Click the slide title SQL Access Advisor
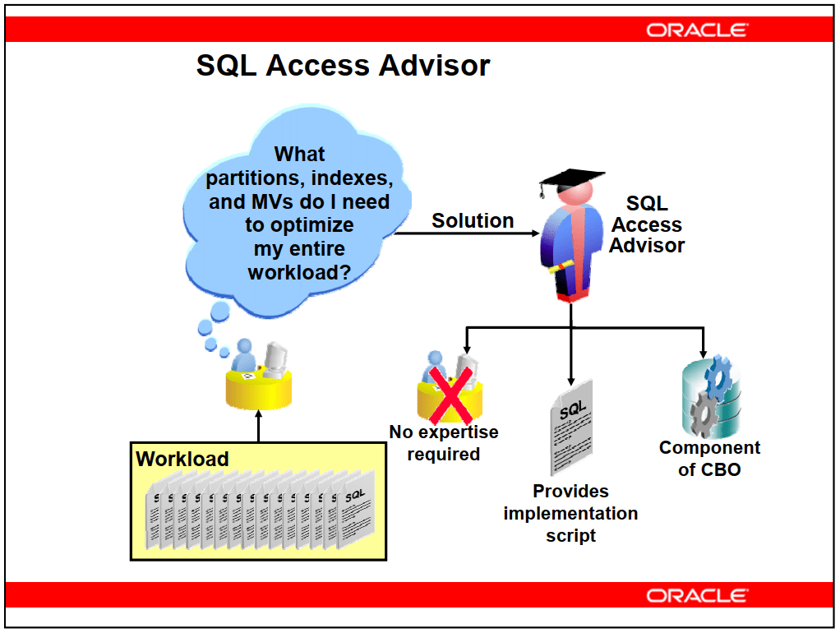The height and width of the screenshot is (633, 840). coord(343,66)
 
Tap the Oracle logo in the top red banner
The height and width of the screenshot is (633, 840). coord(696,30)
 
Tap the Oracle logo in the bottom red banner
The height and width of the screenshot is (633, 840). coord(696,595)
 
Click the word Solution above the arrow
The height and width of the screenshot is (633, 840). coord(473,220)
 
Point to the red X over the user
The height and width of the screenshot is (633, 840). coord(450,395)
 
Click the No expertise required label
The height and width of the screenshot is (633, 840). coord(444,443)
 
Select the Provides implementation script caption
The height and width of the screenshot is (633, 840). coord(570,513)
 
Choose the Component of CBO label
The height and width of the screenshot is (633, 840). coord(709,458)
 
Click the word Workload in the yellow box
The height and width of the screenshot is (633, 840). coord(182,459)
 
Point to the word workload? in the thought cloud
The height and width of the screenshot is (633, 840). coord(299,272)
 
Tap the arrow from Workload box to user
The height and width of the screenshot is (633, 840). coord(259,426)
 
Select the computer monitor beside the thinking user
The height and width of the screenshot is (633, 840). coord(275,358)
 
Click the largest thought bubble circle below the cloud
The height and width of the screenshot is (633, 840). coord(220,311)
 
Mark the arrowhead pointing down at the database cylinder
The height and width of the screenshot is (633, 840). coord(703,353)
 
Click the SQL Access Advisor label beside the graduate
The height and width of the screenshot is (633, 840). coord(647,224)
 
